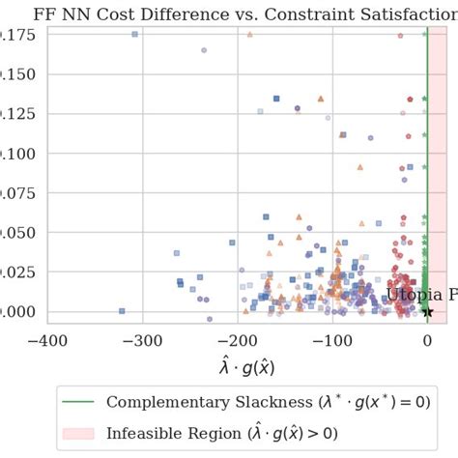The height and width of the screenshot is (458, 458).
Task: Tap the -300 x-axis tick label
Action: [x=142, y=340]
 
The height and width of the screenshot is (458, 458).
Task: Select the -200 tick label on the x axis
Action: [x=237, y=340]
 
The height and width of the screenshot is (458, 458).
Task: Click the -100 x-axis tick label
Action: [x=331, y=340]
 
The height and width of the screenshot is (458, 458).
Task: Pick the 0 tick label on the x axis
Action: [x=427, y=340]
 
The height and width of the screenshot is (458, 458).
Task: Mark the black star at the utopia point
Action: [x=427, y=311]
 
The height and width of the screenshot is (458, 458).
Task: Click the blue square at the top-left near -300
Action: [x=134, y=34]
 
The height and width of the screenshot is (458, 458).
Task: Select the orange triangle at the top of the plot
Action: [x=250, y=34]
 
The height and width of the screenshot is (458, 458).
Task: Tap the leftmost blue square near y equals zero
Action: [x=122, y=311]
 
